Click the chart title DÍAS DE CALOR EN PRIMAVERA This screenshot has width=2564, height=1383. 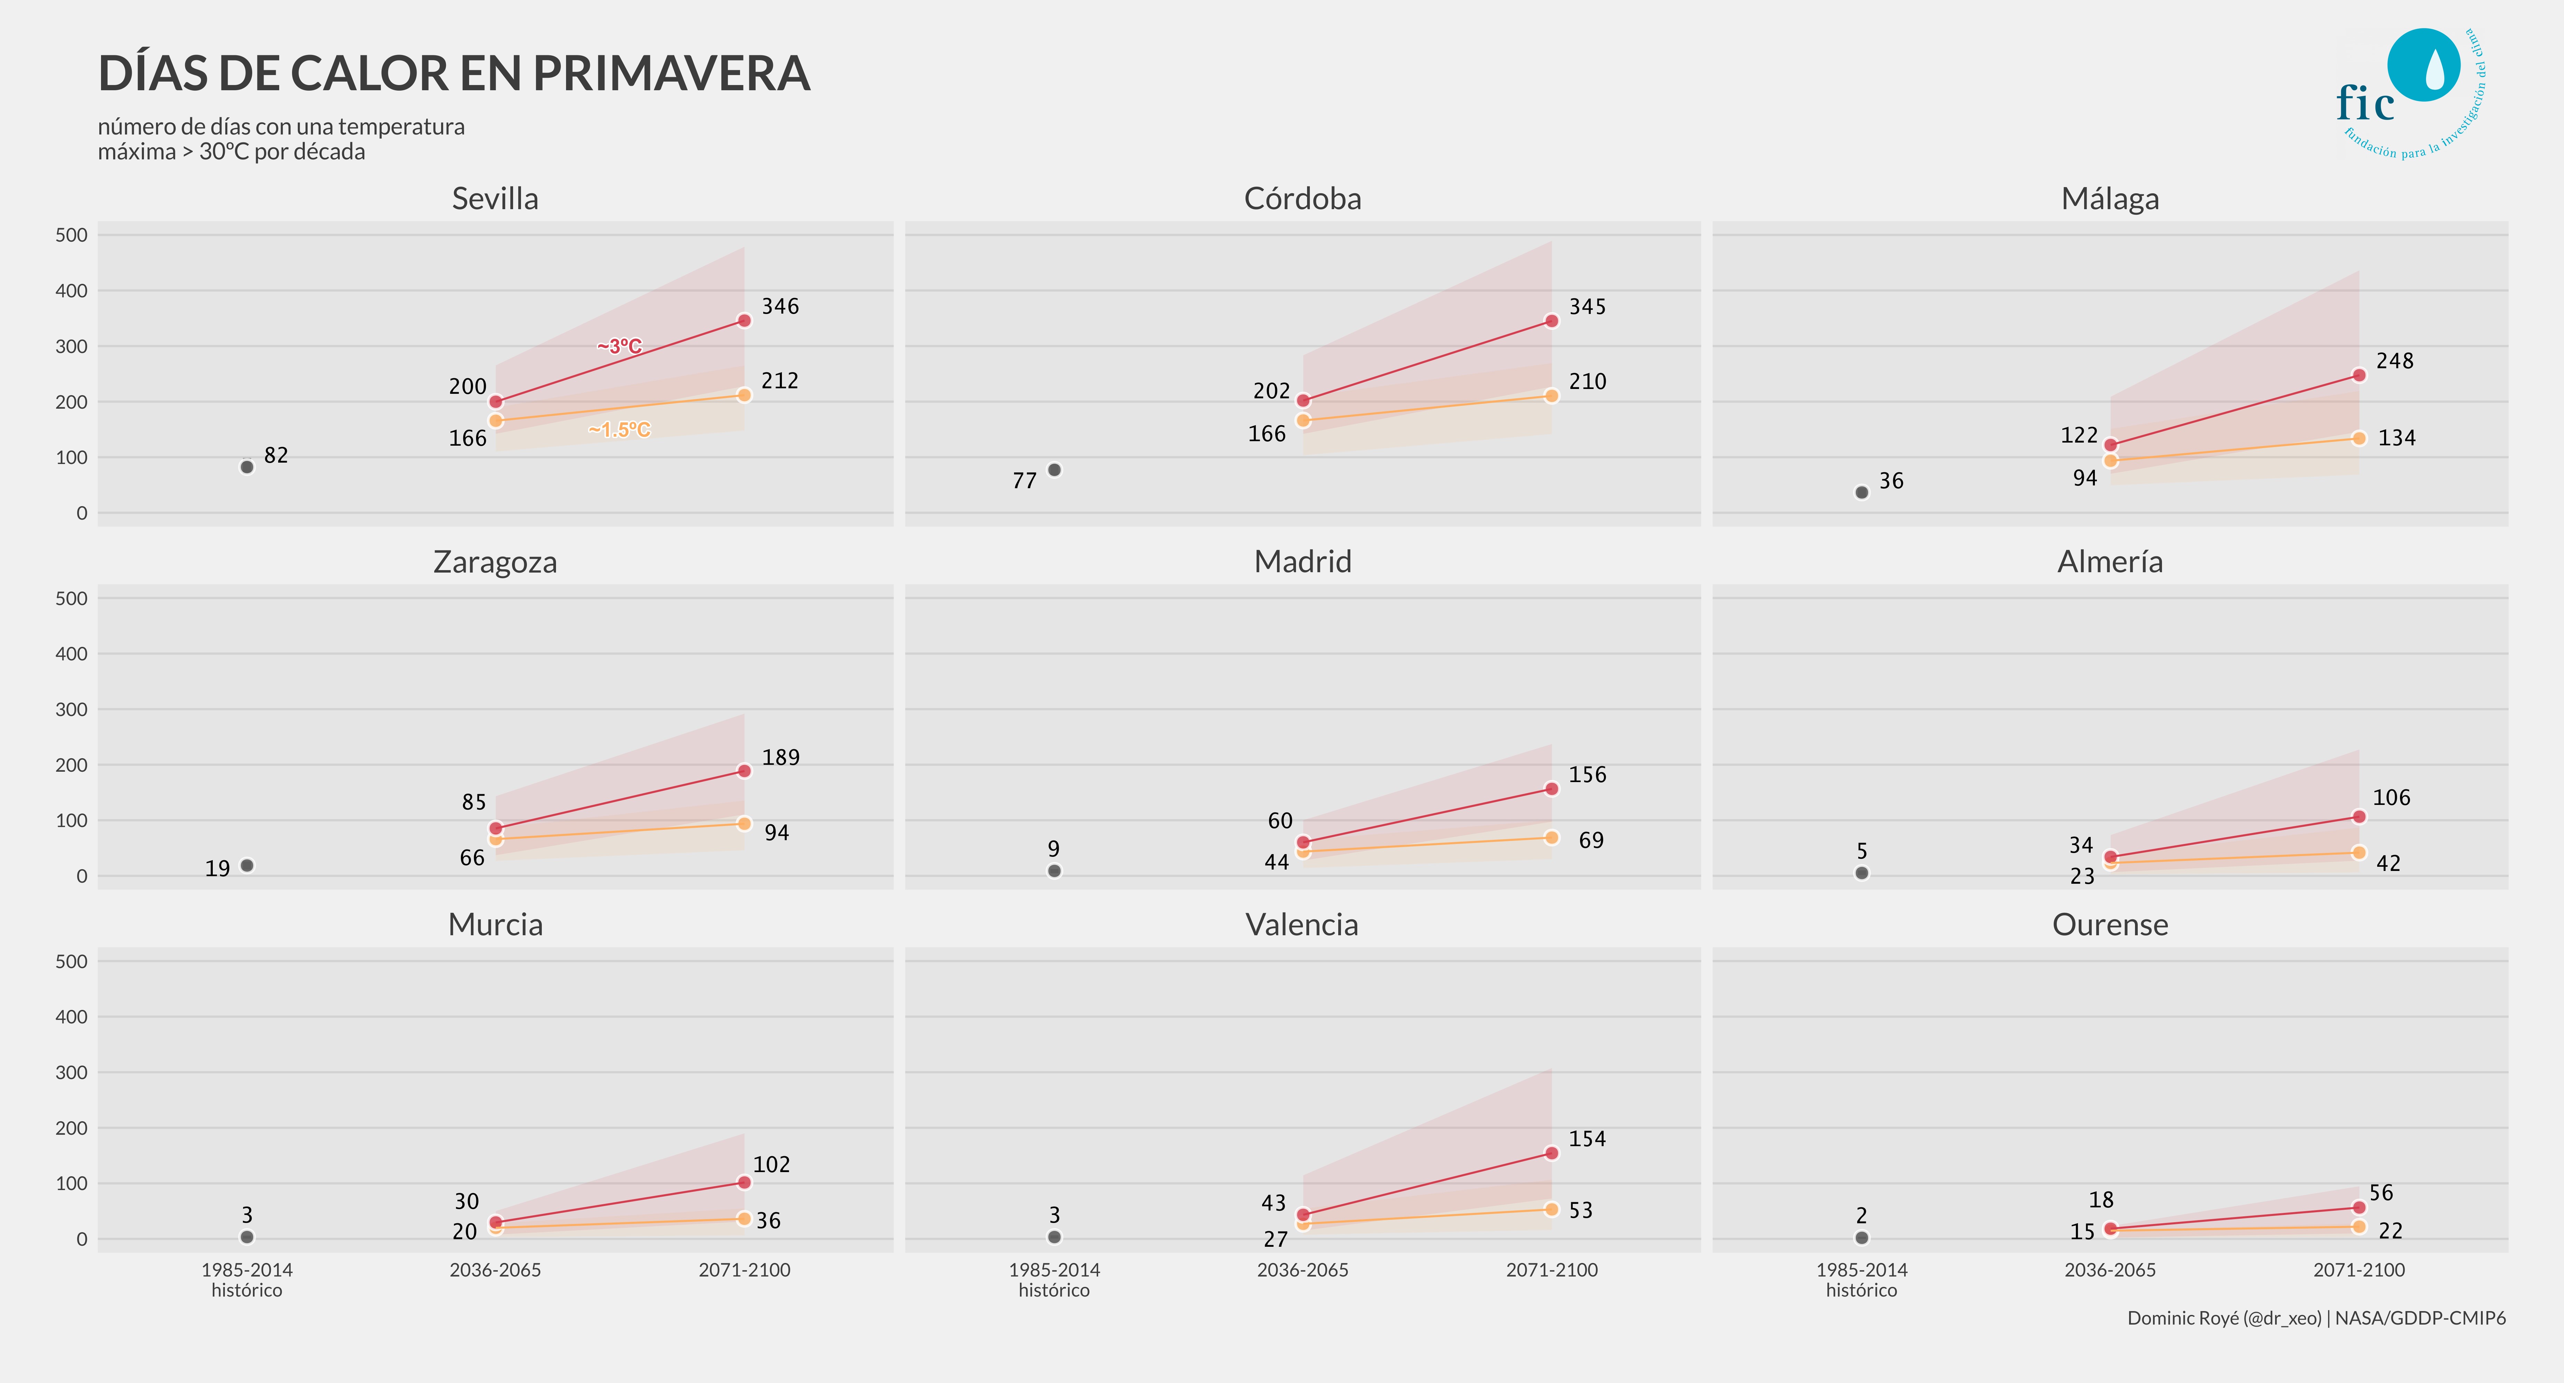coord(454,74)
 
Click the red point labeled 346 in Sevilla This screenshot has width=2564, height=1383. coord(743,321)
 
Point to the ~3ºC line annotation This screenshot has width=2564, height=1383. coord(619,346)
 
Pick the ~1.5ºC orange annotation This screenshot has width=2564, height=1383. coord(619,430)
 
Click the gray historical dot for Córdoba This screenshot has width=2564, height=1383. coord(1054,470)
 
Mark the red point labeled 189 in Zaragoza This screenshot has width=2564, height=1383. coord(743,771)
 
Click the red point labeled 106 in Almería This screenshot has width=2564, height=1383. coord(2358,817)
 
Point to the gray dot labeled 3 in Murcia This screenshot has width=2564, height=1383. coord(247,1237)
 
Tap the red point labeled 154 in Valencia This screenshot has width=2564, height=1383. coord(1551,1153)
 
